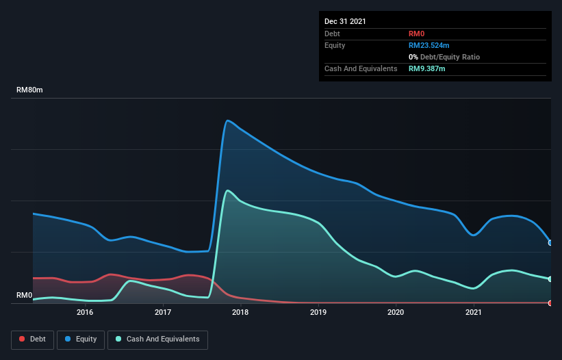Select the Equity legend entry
81,339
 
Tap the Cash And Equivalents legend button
157,339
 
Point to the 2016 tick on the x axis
85,313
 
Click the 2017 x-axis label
163,313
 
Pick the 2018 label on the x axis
240,313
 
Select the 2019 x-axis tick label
318,313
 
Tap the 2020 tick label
396,313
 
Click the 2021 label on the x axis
473,313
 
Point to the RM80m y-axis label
29,90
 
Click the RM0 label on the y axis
24,296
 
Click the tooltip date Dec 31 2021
345,21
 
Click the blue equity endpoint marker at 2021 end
550,243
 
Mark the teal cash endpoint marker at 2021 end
550,279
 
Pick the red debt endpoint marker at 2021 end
550,303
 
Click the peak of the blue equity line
227,121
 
